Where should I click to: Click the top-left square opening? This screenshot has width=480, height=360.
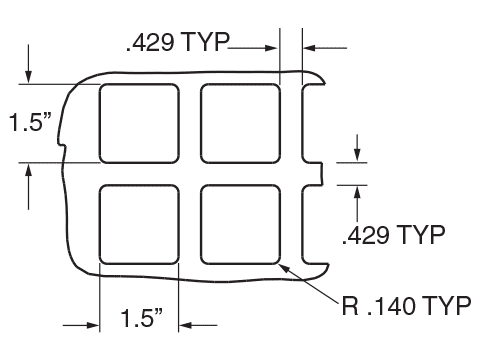coord(139,124)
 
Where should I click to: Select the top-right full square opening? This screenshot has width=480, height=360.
coord(241,124)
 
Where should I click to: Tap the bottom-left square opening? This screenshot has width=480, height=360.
coord(139,225)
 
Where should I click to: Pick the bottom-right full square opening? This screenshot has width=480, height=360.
coord(241,225)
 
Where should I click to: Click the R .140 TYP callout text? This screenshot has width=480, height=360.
coord(406,305)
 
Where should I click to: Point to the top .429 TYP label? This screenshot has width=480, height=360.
coord(178,42)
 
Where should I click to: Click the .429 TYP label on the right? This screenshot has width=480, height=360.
coord(394,235)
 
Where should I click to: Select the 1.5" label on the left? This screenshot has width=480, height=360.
coord(30,122)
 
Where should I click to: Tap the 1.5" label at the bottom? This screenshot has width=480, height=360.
coord(141,318)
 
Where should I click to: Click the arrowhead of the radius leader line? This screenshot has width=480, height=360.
coord(282,267)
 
